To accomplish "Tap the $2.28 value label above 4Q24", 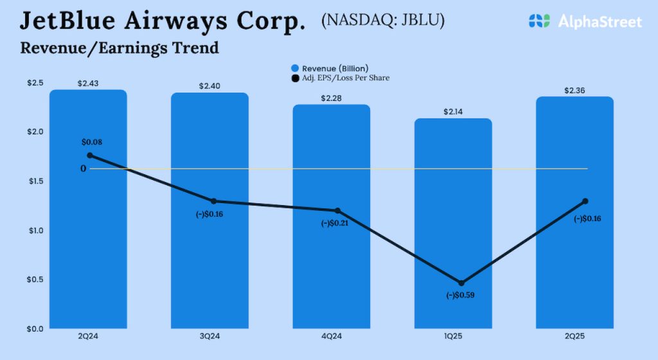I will [331, 98].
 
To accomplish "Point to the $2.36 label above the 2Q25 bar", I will [574, 91].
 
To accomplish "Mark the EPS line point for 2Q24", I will [89, 156].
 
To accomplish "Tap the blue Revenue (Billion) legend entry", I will [329, 68].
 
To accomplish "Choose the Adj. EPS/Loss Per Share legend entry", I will [340, 78].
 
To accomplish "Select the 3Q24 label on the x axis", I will [209, 336].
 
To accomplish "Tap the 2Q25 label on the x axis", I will [574, 336].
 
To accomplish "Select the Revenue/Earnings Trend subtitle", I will [120, 48].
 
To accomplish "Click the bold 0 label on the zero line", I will [84, 169].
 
